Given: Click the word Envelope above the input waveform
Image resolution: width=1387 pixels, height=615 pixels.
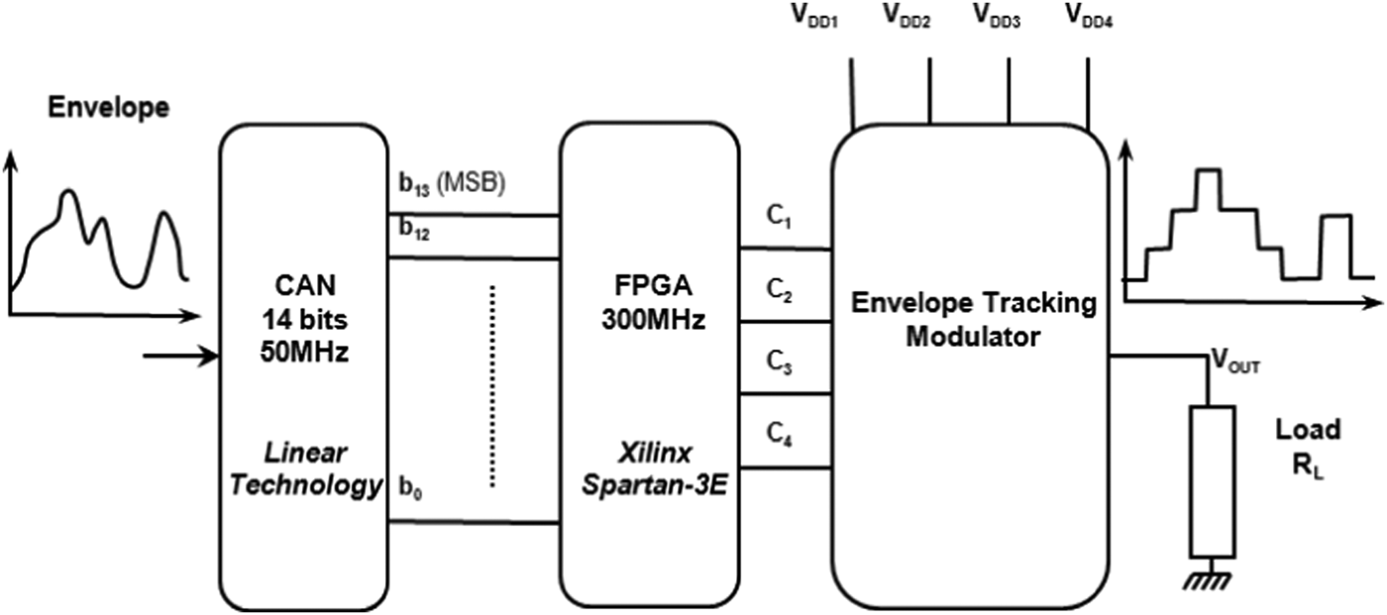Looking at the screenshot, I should tap(108, 109).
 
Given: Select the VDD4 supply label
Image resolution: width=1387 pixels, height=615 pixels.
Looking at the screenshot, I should tap(1087, 16).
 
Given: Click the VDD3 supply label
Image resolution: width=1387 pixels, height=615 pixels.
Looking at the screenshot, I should tap(997, 16).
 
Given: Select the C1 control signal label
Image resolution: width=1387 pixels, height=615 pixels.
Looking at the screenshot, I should tap(783, 218).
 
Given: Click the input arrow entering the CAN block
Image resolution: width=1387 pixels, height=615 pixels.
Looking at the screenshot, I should tap(179, 355).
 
